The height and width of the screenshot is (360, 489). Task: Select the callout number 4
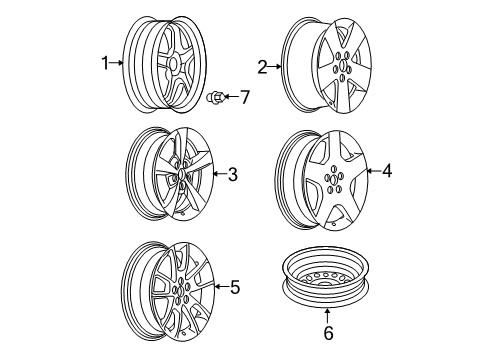pos(387,171)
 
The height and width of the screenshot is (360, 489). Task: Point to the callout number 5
pos(235,288)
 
